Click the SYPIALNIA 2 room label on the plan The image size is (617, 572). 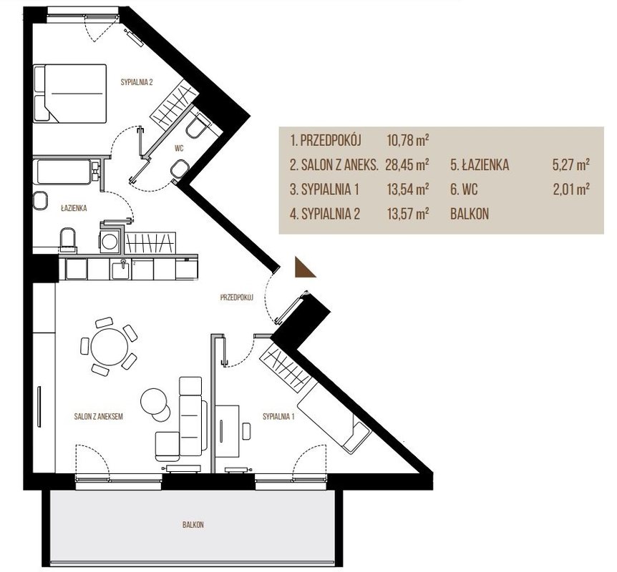point(136,82)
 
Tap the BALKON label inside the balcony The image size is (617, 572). point(193,524)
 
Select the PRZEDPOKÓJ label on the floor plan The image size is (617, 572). point(236,297)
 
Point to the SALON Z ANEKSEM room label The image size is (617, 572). point(98,416)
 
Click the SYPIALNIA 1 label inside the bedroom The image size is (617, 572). point(278,416)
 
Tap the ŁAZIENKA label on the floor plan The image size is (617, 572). point(74,208)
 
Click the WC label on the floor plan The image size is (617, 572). point(179,149)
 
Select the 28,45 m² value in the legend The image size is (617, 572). point(407,164)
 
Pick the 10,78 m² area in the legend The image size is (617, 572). point(408,140)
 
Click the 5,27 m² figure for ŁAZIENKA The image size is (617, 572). point(570,164)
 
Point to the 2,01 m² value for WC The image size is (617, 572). point(571,189)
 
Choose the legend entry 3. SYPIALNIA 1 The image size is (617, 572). point(325,189)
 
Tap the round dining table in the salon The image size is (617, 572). point(110,347)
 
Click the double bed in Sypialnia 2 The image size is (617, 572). point(70,93)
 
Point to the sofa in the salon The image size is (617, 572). point(192,412)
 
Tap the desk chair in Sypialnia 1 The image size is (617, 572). point(247,431)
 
